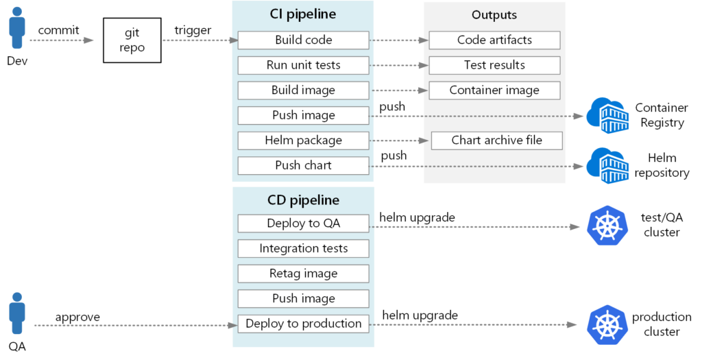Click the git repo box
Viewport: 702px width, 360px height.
pyautogui.click(x=132, y=40)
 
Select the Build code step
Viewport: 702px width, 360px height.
pyautogui.click(x=304, y=40)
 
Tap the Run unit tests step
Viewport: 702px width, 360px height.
pyautogui.click(x=304, y=65)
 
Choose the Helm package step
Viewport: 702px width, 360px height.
pyautogui.click(x=304, y=141)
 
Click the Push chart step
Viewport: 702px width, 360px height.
pyautogui.click(x=304, y=165)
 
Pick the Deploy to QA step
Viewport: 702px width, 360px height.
pyautogui.click(x=304, y=224)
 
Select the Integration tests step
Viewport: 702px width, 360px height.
pyautogui.click(x=304, y=248)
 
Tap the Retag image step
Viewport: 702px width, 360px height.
pyautogui.click(x=304, y=274)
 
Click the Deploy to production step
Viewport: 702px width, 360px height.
pyautogui.click(x=304, y=324)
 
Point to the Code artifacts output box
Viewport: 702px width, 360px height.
pyautogui.click(x=494, y=40)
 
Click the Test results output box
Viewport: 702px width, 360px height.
pyautogui.click(x=494, y=65)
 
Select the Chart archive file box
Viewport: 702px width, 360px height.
pyautogui.click(x=496, y=141)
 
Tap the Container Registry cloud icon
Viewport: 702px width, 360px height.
pyautogui.click(x=606, y=115)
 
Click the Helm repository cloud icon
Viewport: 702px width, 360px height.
pyautogui.click(x=606, y=165)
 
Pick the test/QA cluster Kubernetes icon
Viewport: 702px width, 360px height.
pyautogui.click(x=607, y=224)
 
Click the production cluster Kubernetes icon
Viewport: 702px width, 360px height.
pyautogui.click(x=607, y=324)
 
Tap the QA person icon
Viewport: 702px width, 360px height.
pyautogui.click(x=16, y=313)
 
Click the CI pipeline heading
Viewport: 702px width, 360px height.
pyautogui.click(x=302, y=14)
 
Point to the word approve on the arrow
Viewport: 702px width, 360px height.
pyautogui.click(x=77, y=317)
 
